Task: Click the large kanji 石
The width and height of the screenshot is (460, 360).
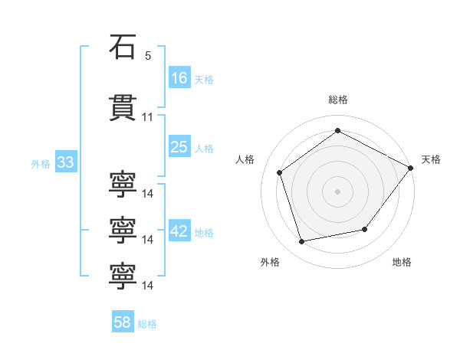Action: tap(123, 47)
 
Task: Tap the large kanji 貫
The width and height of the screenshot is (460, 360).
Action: tap(123, 107)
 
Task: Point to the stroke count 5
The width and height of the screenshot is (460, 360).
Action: tap(148, 56)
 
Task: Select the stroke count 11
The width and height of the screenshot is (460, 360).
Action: tap(147, 117)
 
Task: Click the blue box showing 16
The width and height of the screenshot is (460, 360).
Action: tap(179, 77)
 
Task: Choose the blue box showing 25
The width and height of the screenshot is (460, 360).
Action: tap(179, 146)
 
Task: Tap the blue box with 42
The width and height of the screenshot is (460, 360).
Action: tap(179, 230)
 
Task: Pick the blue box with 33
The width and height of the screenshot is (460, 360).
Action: tap(66, 162)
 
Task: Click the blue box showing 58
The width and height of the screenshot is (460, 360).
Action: tap(123, 321)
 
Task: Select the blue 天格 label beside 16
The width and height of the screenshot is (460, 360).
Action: tap(204, 80)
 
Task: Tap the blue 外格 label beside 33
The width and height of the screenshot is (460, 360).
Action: tap(41, 164)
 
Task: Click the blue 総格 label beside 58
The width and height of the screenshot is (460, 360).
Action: tap(147, 324)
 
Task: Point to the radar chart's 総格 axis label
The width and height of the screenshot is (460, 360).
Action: tap(338, 100)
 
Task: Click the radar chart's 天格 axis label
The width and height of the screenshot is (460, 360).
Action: tap(431, 159)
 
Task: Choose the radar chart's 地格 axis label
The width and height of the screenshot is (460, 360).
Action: tap(402, 262)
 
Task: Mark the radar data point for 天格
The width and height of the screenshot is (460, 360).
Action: tap(410, 168)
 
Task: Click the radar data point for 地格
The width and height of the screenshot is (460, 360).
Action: tap(365, 229)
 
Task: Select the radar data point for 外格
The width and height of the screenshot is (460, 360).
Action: tap(301, 242)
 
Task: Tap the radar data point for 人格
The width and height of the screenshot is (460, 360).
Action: tap(280, 172)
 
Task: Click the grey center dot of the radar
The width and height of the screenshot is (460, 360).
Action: tap(337, 191)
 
